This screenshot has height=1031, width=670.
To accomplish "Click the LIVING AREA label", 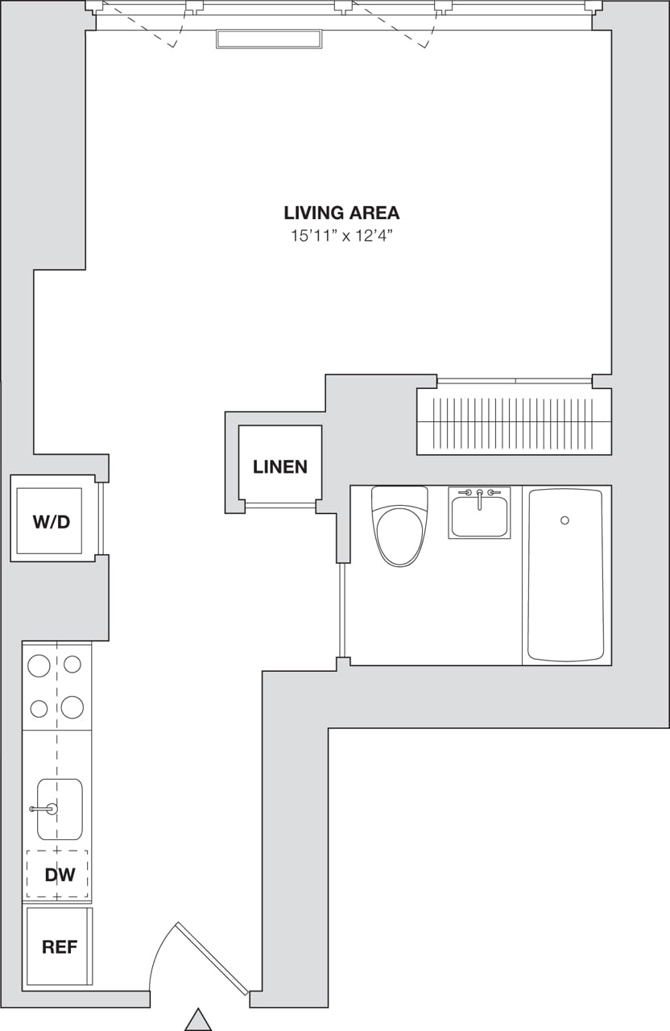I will click(341, 213).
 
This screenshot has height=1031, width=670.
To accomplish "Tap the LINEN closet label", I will click(280, 467).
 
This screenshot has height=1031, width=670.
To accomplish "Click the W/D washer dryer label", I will click(52, 522).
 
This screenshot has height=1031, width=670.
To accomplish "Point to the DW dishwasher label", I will click(60, 875).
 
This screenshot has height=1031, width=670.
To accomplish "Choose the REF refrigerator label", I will click(60, 947).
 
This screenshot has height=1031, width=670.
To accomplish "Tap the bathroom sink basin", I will click(479, 517).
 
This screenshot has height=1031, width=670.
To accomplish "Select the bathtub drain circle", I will click(565, 520).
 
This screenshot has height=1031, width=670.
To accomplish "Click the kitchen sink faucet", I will click(43, 809).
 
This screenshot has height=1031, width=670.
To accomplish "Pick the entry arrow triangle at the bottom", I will click(198, 1020).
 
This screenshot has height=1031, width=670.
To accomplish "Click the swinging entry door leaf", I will click(213, 959).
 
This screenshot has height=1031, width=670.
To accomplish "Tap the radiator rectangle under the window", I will click(268, 39).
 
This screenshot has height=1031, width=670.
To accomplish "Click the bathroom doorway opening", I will click(343, 610).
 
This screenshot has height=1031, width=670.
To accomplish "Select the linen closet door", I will click(280, 506).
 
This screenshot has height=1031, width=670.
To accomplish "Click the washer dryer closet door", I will click(101, 519).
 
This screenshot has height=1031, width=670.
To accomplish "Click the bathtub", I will click(565, 574).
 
